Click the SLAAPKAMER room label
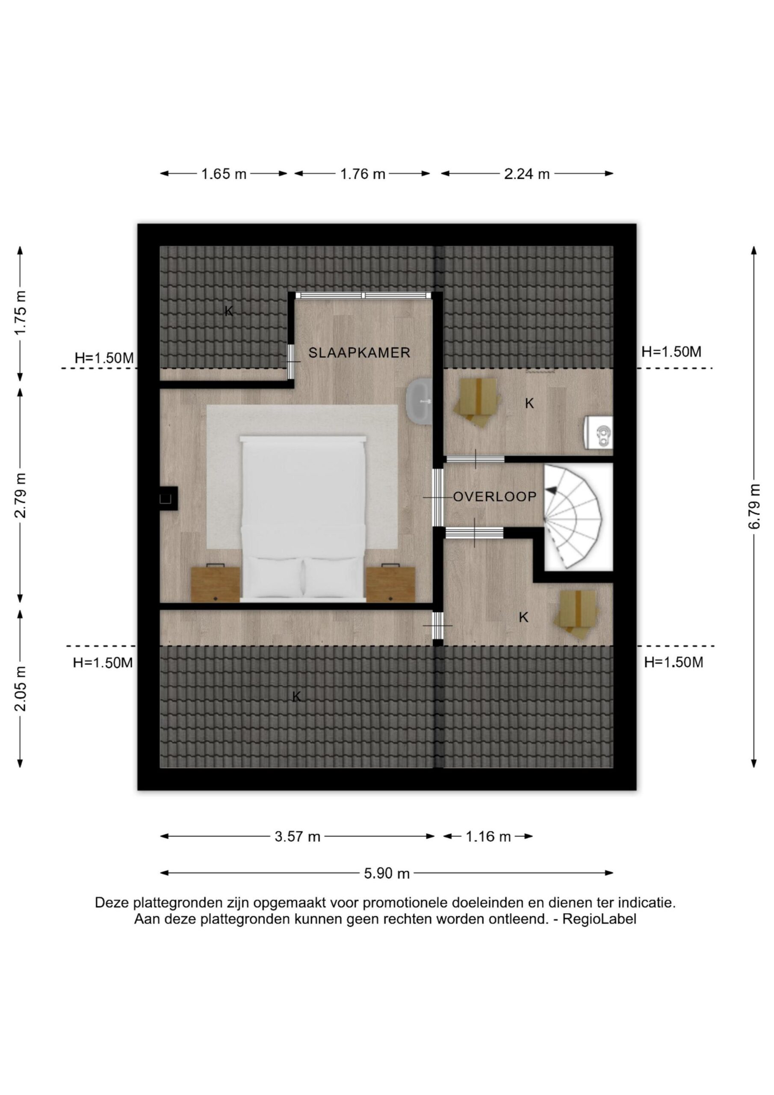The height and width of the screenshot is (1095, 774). [x=359, y=352]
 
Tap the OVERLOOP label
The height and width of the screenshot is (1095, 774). [x=494, y=497]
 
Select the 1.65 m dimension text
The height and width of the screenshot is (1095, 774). [x=224, y=174]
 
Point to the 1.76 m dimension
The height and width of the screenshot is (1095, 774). [x=363, y=174]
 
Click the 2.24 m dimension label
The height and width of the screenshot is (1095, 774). [x=527, y=174]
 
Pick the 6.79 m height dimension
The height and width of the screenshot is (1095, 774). [x=754, y=506]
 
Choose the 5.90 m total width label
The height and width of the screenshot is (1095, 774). [x=387, y=873]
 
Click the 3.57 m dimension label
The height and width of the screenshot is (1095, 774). [x=297, y=837]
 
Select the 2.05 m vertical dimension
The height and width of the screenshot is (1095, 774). [x=20, y=689]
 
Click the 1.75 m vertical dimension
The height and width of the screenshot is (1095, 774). [x=20, y=312]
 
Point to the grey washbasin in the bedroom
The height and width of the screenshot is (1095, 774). [x=419, y=401]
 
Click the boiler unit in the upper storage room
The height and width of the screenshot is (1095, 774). [x=599, y=432]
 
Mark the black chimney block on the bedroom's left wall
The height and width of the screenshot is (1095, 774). [x=168, y=498]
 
